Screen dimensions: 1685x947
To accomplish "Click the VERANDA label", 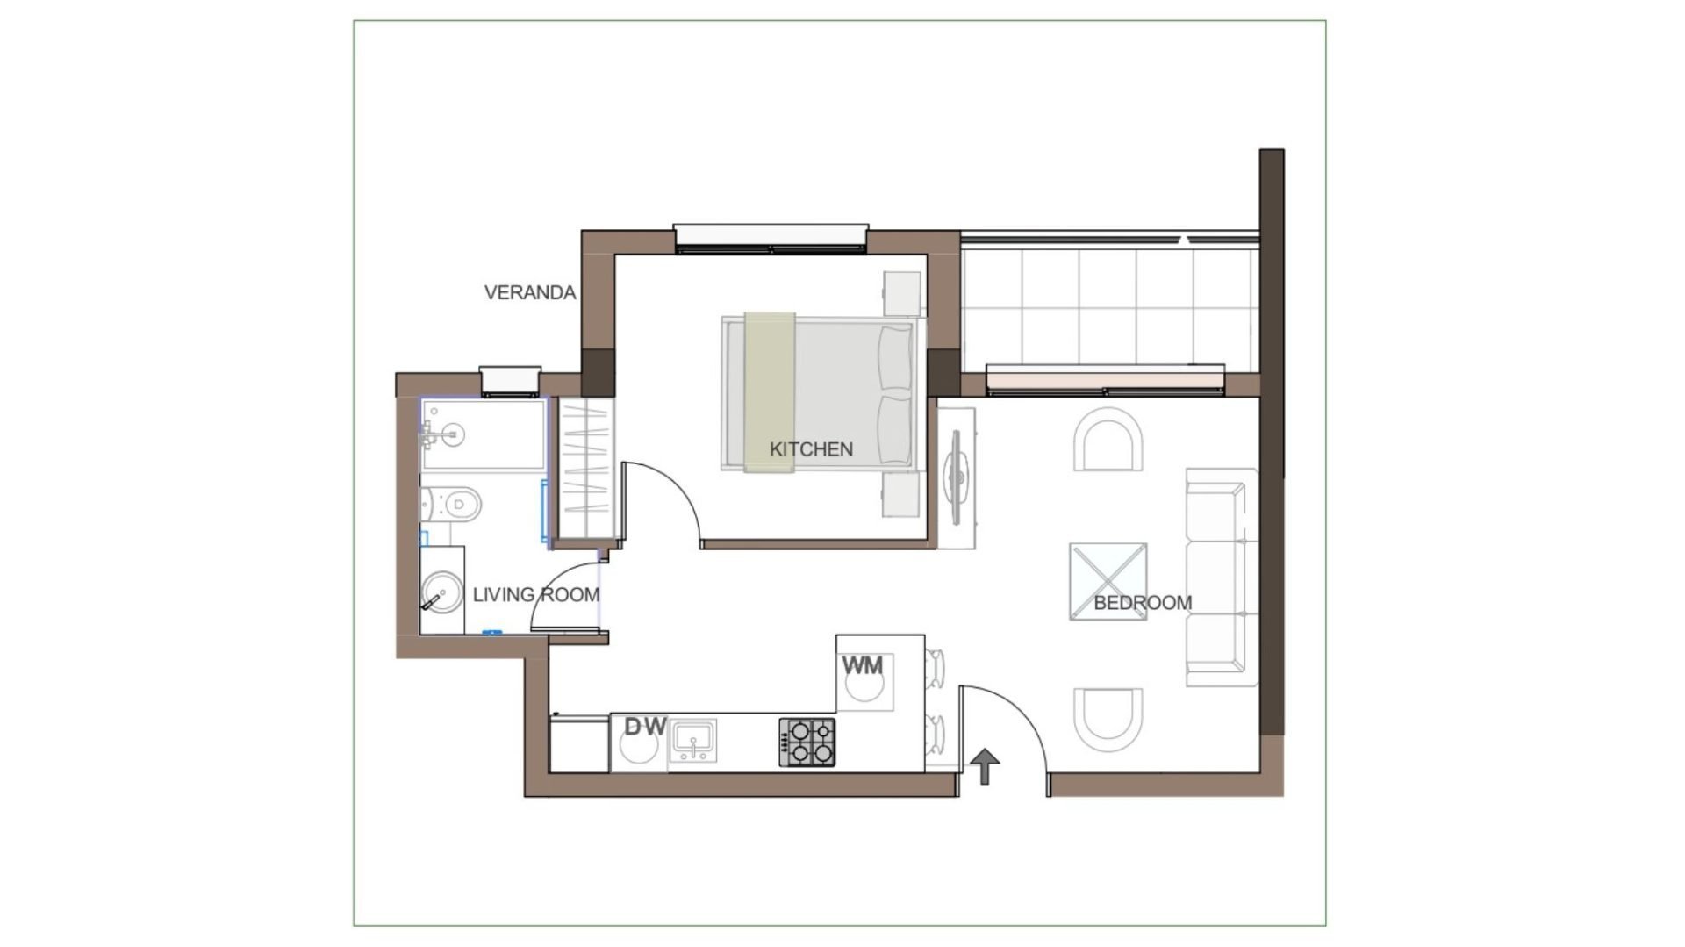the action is (530, 293).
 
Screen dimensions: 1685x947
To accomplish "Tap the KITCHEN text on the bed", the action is (811, 449).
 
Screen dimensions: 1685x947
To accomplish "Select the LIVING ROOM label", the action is (535, 595).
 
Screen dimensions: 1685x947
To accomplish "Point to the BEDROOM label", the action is (1143, 603).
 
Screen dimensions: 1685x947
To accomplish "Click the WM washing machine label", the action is (863, 666).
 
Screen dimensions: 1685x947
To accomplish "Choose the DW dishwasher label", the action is (646, 727).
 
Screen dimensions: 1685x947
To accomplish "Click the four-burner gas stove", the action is (807, 743).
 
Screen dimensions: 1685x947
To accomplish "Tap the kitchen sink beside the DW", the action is (693, 743).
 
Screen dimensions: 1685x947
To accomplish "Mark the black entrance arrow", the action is (986, 766).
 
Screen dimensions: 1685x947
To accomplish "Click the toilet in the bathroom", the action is (451, 504).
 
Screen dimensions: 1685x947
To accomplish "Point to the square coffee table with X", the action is (1108, 582).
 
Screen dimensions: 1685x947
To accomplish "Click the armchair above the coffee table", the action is (1108, 441).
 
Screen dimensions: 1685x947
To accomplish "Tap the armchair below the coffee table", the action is (1108, 718).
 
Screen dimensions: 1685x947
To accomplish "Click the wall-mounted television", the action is (957, 478).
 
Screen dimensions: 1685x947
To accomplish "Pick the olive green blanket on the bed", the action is (770, 392).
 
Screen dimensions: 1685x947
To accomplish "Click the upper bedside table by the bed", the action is (901, 293).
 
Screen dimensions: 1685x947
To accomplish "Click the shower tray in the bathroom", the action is (484, 435).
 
